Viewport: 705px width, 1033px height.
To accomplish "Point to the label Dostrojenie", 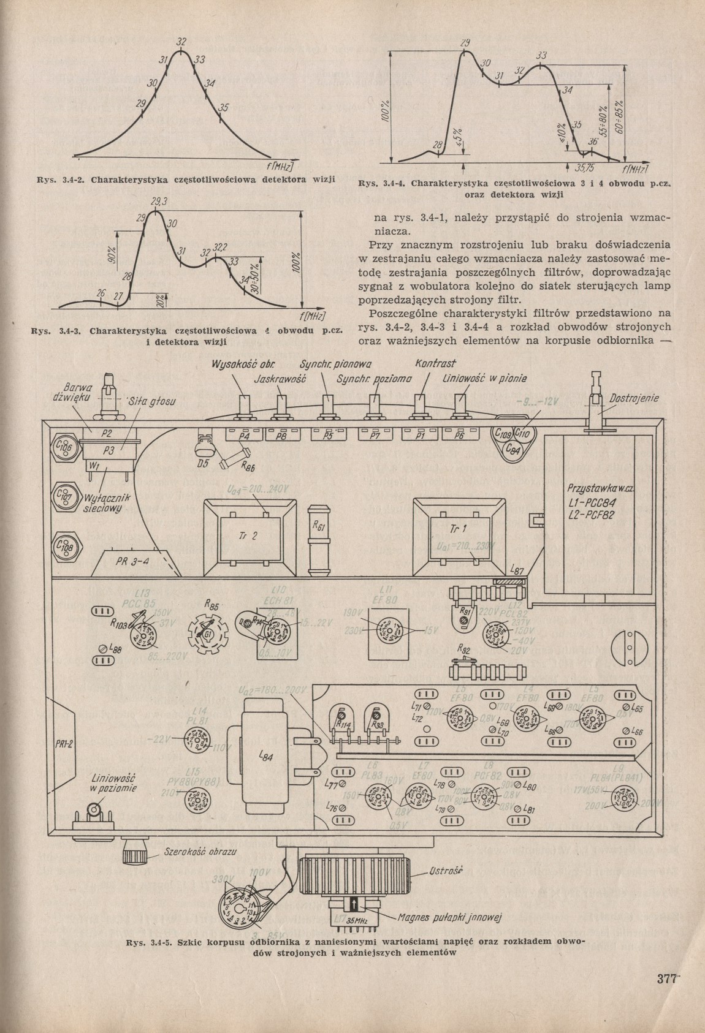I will click(634, 399).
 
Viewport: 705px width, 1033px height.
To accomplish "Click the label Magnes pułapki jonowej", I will click(450, 918).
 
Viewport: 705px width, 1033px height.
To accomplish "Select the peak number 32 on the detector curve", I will click(181, 42).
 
